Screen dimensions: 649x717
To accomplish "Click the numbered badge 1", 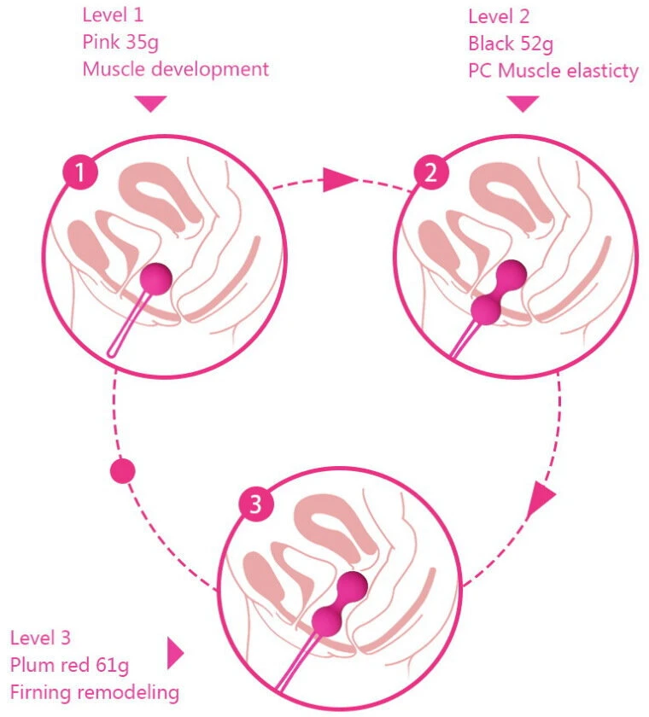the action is click(x=80, y=172).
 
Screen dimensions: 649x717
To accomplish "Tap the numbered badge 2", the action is click(x=431, y=172).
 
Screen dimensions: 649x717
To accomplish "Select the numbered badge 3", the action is click(x=256, y=504).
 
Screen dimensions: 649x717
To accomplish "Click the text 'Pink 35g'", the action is click(x=120, y=42).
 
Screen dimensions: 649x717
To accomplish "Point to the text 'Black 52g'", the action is click(x=511, y=44).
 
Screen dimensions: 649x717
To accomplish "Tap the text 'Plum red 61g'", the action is click(x=69, y=665).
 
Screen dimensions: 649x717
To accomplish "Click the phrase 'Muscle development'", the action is click(x=176, y=69).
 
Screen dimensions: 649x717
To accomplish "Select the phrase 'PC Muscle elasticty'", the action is click(x=553, y=72).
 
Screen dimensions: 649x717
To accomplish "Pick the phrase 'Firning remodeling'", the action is click(x=95, y=692).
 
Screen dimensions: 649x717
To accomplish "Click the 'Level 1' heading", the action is click(x=113, y=15).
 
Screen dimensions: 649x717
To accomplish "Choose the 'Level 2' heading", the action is click(x=499, y=17).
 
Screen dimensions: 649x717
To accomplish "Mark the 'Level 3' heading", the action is click(x=40, y=638).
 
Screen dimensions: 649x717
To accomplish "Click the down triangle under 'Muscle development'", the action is click(x=150, y=103).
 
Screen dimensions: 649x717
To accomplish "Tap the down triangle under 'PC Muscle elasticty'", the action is click(x=523, y=103).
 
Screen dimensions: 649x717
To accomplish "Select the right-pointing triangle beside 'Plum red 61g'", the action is click(x=175, y=653).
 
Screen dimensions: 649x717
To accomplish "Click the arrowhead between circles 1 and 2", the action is click(x=339, y=179).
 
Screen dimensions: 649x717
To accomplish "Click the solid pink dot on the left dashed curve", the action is click(x=123, y=471).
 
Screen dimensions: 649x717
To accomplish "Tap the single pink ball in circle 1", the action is click(x=156, y=279).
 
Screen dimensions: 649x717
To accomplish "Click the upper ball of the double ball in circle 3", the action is click(x=352, y=586).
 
